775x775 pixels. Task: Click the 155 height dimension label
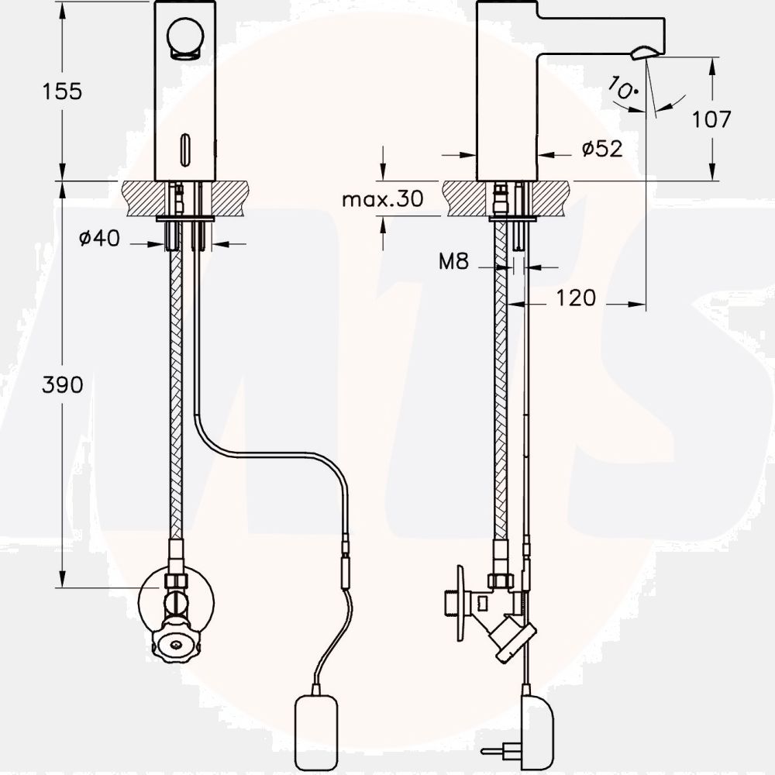pyautogui.click(x=62, y=92)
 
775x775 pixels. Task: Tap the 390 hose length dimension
pyautogui.click(x=62, y=385)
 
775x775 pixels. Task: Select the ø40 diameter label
pyautogui.click(x=99, y=238)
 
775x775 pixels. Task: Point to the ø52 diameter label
pyautogui.click(x=602, y=148)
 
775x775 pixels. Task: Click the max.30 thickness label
pyautogui.click(x=383, y=199)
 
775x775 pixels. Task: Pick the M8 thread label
pyautogui.click(x=453, y=261)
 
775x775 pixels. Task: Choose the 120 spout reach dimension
pyautogui.click(x=576, y=298)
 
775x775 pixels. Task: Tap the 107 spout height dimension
pyautogui.click(x=711, y=119)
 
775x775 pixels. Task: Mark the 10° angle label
pyautogui.click(x=622, y=88)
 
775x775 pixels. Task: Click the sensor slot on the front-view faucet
pyautogui.click(x=185, y=150)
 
